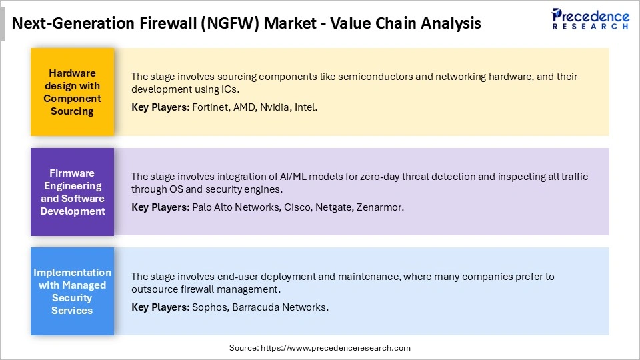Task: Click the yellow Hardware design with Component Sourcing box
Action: [x=72, y=92]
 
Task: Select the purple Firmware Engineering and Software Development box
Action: [x=72, y=192]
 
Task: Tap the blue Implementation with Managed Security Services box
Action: [x=72, y=291]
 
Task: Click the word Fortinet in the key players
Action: [x=211, y=107]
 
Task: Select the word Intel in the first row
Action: [x=305, y=107]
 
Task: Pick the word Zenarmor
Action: [x=381, y=207]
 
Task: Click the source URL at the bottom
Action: [x=335, y=347]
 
